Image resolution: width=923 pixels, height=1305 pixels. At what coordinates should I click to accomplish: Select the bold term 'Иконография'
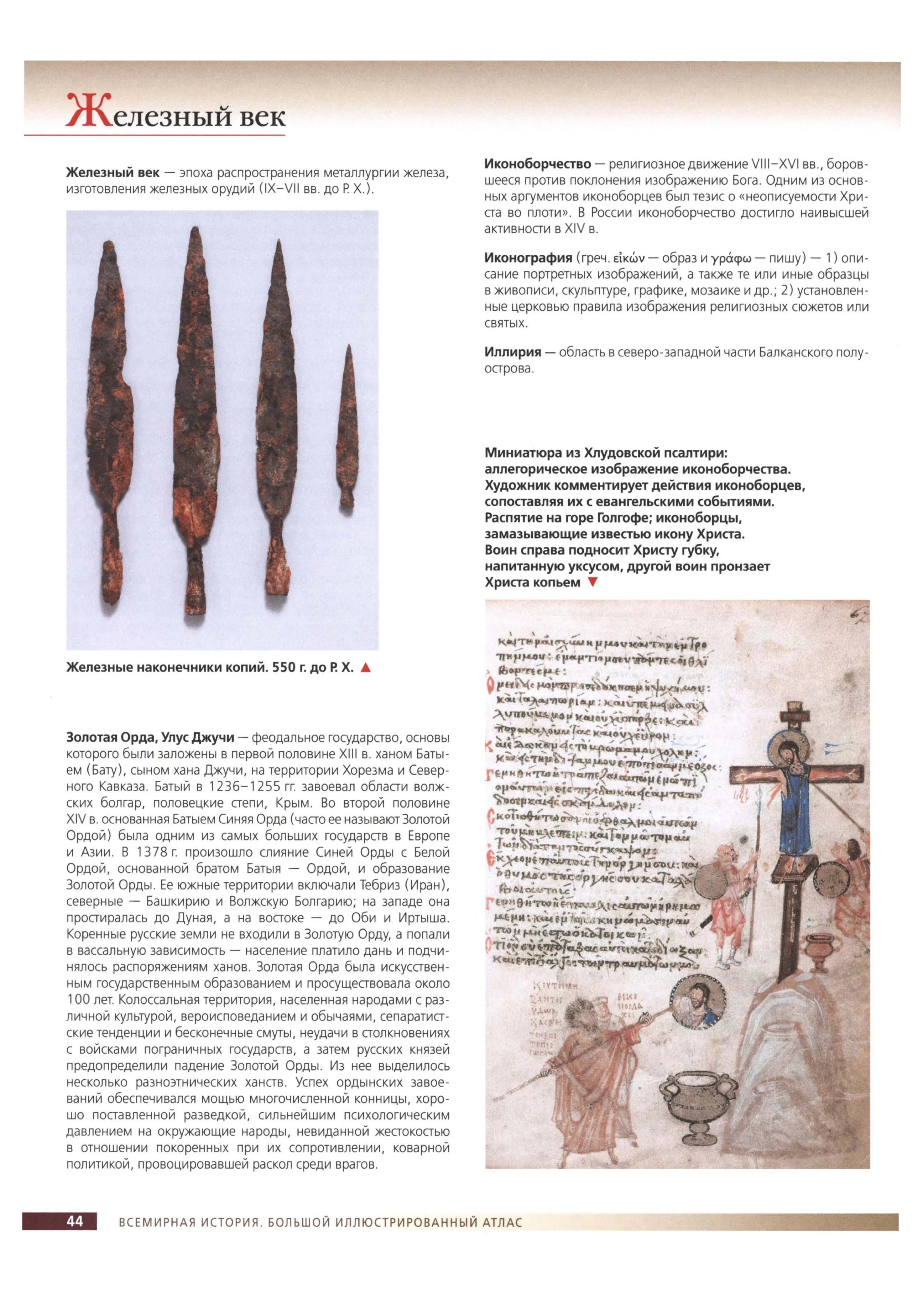(x=528, y=258)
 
